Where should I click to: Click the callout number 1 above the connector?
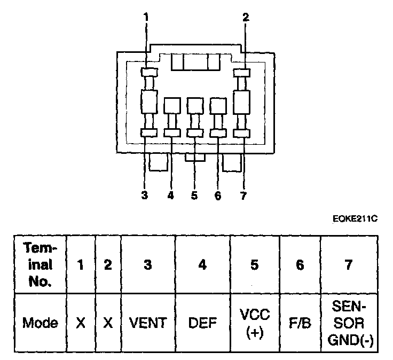145,18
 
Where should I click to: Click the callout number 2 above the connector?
245,18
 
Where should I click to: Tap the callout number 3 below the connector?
145,195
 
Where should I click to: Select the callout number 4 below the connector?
171,195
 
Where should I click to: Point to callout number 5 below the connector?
194,195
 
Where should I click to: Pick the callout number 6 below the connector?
218,195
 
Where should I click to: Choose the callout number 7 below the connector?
243,195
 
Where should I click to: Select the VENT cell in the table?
149,323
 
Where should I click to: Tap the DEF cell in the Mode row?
202,323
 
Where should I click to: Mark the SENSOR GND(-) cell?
348,322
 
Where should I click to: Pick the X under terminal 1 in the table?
81,323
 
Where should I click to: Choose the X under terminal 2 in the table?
108,323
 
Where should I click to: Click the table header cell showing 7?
348,264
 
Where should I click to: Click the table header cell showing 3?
149,264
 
